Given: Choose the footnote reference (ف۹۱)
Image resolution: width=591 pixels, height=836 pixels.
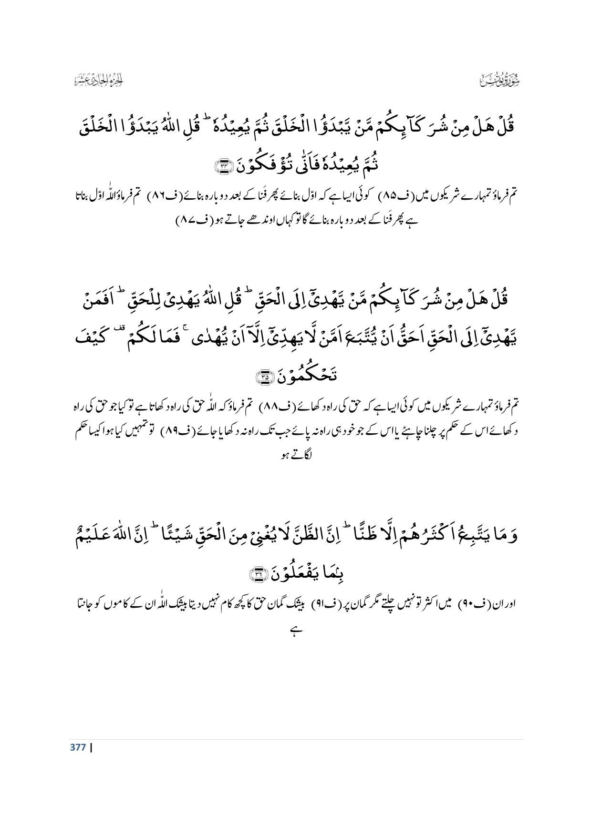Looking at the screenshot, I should click(x=323, y=604).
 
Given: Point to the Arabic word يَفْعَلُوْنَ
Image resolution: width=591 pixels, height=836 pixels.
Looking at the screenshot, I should click(x=301, y=573).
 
